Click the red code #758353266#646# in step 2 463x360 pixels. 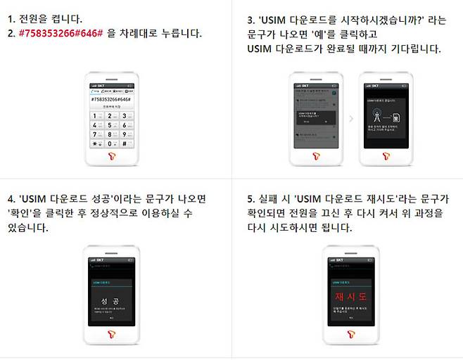coord(59,33)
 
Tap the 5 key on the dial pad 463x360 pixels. coord(110,125)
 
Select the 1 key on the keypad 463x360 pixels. coord(96,116)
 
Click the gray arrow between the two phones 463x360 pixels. coord(351,117)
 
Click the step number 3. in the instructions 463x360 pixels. coord(251,20)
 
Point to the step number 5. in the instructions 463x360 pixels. coord(251,200)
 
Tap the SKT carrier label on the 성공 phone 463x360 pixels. coord(103,261)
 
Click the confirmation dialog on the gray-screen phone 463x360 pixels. coord(315,117)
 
